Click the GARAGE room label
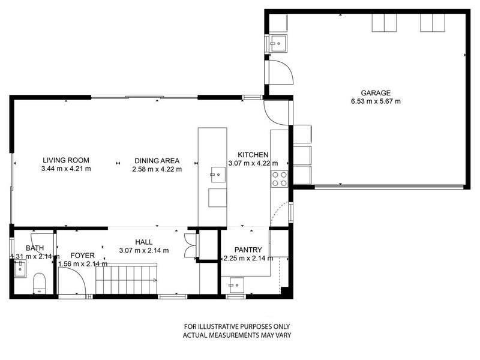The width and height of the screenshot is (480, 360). (376, 93)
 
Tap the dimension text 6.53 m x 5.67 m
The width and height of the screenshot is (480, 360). (376, 101)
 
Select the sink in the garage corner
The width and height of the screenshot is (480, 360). (278, 42)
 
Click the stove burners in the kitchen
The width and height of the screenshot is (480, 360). (280, 178)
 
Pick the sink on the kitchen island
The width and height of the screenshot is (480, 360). (217, 176)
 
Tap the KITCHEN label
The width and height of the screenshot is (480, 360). (253, 155)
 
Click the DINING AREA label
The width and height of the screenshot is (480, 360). (157, 160)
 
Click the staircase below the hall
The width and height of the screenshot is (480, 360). (126, 280)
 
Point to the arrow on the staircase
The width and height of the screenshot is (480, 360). (154, 280)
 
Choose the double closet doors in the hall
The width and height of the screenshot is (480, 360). (191, 245)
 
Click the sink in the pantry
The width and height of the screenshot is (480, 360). (236, 282)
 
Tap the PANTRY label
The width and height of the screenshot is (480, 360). (248, 250)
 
